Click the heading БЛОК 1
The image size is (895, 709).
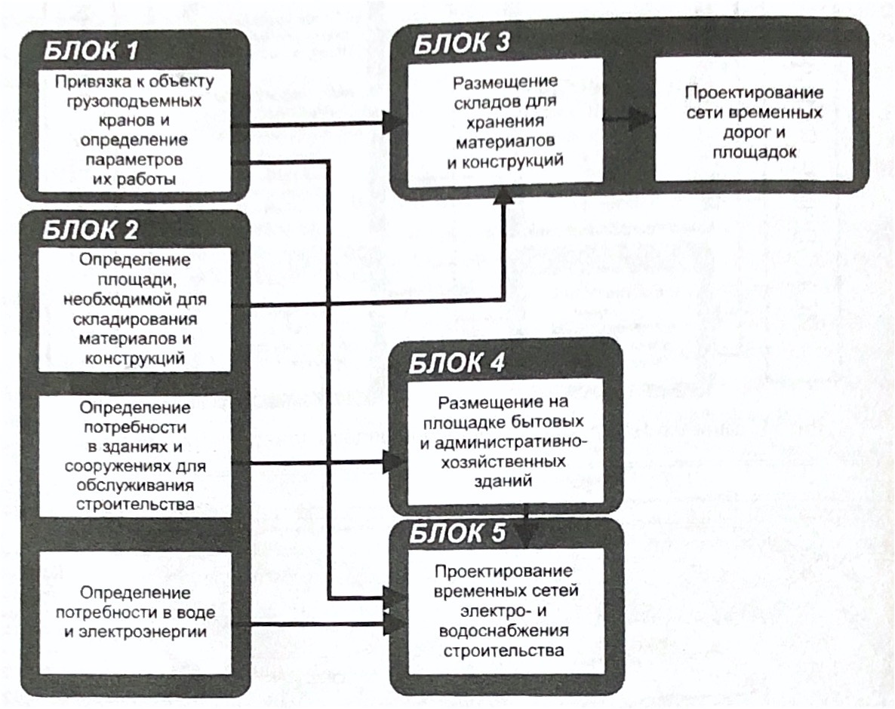[91, 51]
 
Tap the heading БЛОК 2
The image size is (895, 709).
[91, 231]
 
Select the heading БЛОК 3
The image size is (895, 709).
[462, 43]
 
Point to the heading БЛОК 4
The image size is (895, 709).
[457, 364]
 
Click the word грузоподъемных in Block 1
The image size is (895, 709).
[134, 102]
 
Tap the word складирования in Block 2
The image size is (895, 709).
[135, 319]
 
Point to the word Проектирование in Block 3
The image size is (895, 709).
[754, 93]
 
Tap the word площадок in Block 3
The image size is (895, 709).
[755, 152]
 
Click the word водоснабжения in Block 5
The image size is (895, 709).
[504, 631]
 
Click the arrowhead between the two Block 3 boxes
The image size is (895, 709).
[641, 120]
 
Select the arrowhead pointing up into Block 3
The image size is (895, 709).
[503, 195]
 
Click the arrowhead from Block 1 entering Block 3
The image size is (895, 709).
[395, 122]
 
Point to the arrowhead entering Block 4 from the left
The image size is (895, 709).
[395, 462]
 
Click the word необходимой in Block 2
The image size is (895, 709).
[135, 299]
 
